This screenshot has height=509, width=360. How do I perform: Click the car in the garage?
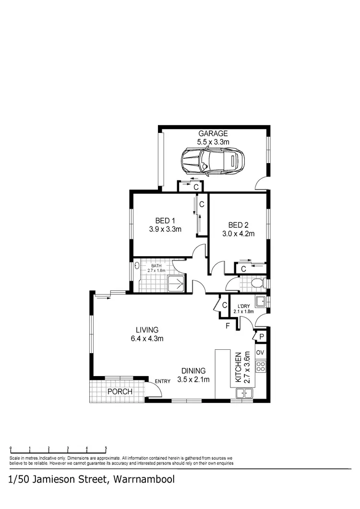click(212, 161)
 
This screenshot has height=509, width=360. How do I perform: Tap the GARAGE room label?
click(213, 133)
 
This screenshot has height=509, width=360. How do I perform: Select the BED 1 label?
click(165, 221)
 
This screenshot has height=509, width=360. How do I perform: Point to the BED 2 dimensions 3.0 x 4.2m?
click(238, 234)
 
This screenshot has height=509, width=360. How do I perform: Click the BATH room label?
click(156, 265)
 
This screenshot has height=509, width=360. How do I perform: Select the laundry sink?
click(261, 302)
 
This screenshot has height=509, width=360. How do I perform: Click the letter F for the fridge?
click(228, 327)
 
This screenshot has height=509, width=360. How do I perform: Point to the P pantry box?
click(262, 337)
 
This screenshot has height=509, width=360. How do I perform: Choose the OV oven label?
click(261, 353)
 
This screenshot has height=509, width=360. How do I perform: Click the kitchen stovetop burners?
click(261, 367)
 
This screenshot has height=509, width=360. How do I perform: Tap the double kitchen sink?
click(244, 394)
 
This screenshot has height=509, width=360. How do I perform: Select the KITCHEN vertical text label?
click(237, 367)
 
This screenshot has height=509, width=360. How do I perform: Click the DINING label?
click(193, 371)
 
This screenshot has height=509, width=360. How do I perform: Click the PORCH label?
click(120, 391)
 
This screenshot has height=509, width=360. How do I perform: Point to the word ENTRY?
click(162, 381)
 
